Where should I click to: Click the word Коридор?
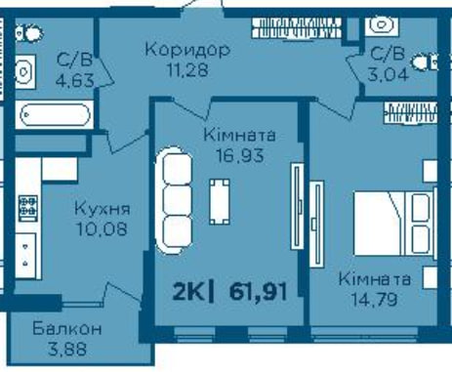click(x=187, y=51)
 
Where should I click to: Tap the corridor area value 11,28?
click(x=187, y=69)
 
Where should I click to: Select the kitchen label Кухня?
click(x=103, y=209)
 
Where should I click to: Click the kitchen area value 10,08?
click(x=102, y=228)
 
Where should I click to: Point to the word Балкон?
click(x=67, y=329)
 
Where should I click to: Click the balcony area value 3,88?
click(x=67, y=350)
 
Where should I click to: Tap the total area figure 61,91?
click(x=258, y=292)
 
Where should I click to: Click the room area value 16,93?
click(x=240, y=155)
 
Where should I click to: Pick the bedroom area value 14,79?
click(x=374, y=299)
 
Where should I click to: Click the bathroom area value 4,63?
click(x=75, y=80)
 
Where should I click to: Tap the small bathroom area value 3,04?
click(x=388, y=74)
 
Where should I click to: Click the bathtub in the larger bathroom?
click(x=55, y=114)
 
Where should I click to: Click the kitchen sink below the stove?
click(x=26, y=256)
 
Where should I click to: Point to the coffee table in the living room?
click(x=220, y=202)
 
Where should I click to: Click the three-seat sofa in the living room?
click(x=175, y=200)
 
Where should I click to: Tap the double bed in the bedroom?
click(x=394, y=224)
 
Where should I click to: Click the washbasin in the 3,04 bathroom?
click(x=382, y=25)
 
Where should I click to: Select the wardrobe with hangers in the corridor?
click(x=296, y=27)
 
